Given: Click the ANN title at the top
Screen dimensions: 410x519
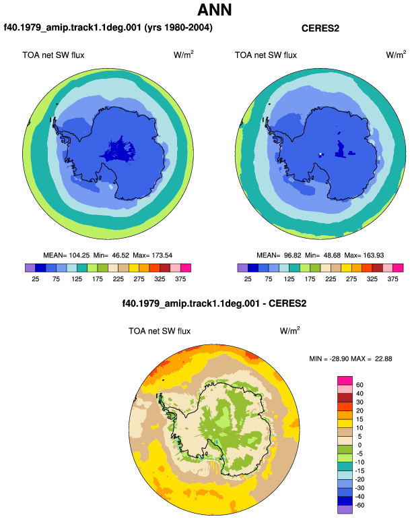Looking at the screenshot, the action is pos(214,9).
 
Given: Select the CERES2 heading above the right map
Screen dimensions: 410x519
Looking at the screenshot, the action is pos(320,28).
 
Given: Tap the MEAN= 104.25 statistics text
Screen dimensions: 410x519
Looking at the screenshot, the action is pos(67,255).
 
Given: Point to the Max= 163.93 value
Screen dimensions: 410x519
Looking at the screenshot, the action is pos(364,255).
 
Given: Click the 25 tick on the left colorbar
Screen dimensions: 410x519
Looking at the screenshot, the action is pos(36,279).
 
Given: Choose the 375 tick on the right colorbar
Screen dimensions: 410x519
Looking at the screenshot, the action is pos(392,279).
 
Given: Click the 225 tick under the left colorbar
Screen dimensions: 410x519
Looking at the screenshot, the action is pos(118,279).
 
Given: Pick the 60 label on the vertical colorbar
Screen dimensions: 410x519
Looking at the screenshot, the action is pos(360,385).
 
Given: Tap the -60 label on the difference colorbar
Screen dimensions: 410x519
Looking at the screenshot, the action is pos(359,506).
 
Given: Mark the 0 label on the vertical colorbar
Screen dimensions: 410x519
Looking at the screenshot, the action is pos(360,445).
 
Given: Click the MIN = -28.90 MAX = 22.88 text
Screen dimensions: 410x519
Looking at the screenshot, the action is pos(351,359).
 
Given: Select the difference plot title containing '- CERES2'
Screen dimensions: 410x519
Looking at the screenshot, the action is pos(214,303).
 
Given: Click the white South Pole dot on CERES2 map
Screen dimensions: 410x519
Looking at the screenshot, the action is pos(320,154).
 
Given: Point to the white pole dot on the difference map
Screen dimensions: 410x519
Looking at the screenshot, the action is pos(214,429).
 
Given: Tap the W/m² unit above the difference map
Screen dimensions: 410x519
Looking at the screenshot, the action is pos(289,330).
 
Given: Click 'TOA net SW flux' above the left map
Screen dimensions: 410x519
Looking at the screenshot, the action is pos(53,55).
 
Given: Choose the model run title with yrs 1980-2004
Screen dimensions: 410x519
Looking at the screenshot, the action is pos(108,28).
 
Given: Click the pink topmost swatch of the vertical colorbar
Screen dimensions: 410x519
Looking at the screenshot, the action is pos(345,381).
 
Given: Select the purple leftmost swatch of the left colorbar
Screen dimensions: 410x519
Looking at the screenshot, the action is pos(30,268).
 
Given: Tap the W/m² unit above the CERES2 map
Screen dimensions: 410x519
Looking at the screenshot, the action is pos(396,55).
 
